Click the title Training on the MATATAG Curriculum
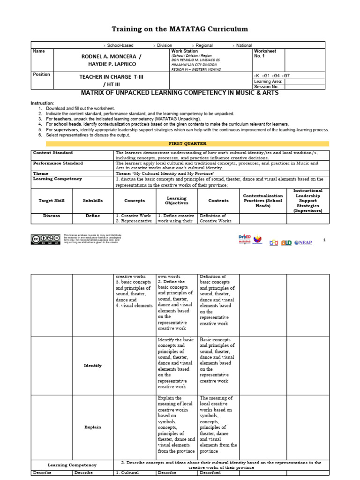[180, 29]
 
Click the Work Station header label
[184, 51]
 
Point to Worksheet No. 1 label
[265, 53]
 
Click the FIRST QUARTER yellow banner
[187, 143]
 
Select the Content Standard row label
[52, 153]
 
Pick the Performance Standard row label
[58, 163]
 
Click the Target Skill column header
[51, 200]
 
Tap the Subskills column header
[93, 200]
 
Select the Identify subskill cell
[93, 365]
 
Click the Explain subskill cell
[93, 427]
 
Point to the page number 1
[324, 240]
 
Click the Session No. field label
[266, 86]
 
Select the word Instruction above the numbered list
[42, 103]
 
